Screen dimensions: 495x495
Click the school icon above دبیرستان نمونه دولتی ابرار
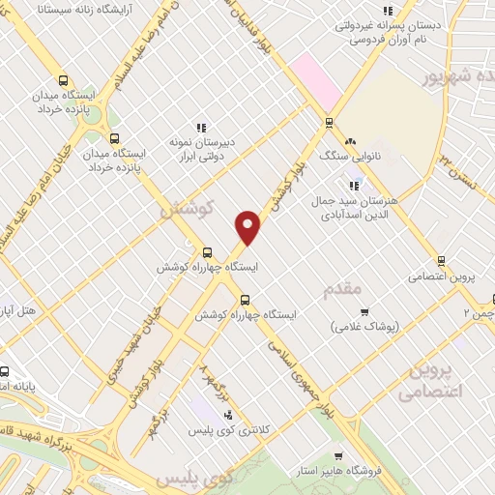coord(201,128)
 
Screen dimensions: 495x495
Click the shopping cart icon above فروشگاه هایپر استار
coord(337,456)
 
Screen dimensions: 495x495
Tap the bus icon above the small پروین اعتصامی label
coord(442,261)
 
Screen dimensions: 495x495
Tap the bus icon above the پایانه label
coord(5,371)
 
